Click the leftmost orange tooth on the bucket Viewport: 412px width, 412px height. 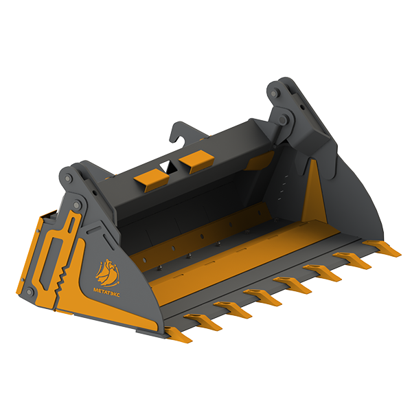pos(179,334)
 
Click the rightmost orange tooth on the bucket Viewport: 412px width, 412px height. pos(382,248)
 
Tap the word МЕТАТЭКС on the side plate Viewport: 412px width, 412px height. pos(106,293)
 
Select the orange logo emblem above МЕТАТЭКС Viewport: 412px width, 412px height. pos(107,273)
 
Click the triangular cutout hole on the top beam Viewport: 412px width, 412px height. pos(167,167)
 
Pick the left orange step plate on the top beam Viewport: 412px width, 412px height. pos(152,180)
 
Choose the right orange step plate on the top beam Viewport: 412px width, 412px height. pos(196,160)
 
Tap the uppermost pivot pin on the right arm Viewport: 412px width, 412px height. pos(274,93)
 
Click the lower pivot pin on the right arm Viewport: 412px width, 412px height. pos(283,119)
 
